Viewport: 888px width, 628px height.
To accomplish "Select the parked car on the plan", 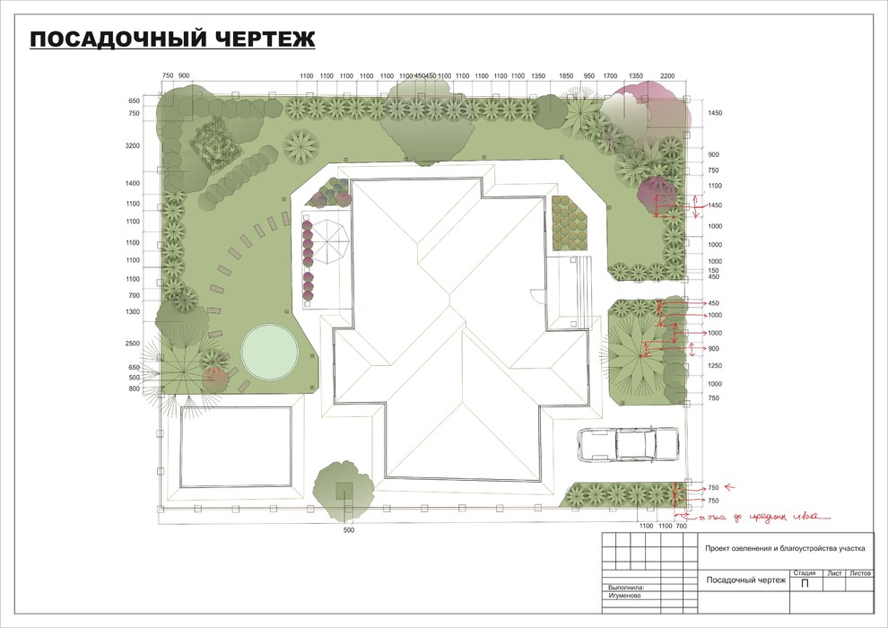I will coord(629,444).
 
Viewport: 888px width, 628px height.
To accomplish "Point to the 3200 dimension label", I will coord(135,145).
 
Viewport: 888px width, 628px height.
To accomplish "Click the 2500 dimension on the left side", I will coord(135,344).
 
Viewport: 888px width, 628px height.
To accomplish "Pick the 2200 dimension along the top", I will coord(667,76).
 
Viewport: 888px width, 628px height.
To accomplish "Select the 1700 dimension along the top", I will coord(610,76).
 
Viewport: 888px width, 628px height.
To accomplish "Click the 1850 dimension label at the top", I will coord(566,76).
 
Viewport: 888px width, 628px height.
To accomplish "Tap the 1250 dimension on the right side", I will coord(714,366).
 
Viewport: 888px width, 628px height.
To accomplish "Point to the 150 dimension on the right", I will coord(714,270).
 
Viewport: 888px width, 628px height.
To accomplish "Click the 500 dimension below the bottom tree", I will coord(350,531).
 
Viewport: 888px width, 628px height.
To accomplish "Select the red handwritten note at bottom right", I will coord(758,516).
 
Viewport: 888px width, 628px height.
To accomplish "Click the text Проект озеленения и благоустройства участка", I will coord(784,546).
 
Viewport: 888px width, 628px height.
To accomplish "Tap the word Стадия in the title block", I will coord(804,572).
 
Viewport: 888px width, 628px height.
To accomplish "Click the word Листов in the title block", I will coord(860,572).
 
